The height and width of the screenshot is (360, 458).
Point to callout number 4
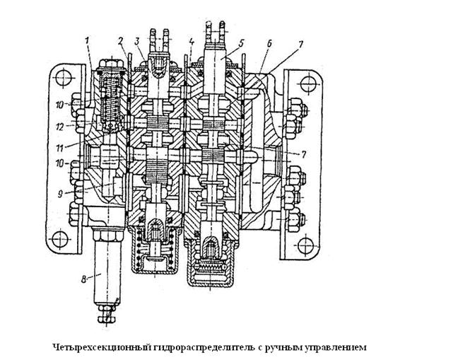(x=192, y=40)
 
